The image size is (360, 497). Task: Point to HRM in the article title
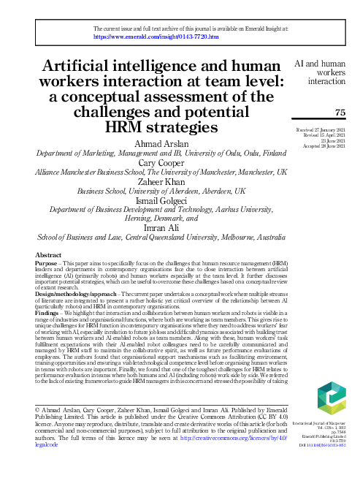126,127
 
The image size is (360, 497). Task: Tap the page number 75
339,111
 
